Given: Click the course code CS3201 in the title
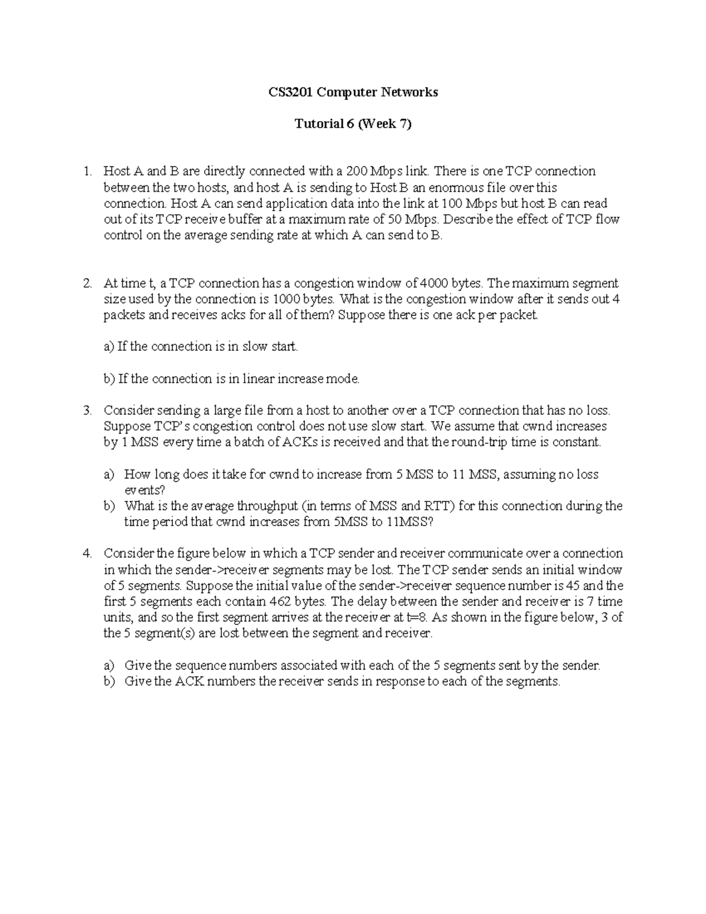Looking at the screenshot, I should pos(291,92).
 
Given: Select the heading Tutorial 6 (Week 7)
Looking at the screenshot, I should pos(353,124).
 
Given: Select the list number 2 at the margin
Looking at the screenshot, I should pos(87,284).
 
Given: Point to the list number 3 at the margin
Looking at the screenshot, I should pos(87,411).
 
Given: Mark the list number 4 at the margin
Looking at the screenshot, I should pos(87,554).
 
